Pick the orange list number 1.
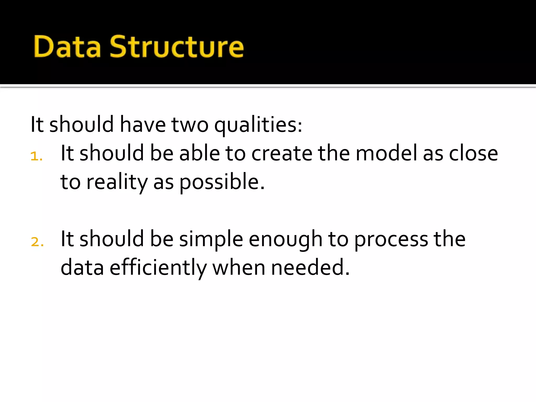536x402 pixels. [x=36, y=157]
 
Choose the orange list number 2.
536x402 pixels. [x=37, y=242]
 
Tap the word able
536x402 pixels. [x=199, y=153]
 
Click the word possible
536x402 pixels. [x=222, y=182]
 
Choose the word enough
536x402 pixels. [x=285, y=239]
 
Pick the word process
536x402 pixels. [x=391, y=239]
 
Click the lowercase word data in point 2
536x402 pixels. [x=82, y=267]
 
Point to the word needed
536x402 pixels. [x=310, y=267]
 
